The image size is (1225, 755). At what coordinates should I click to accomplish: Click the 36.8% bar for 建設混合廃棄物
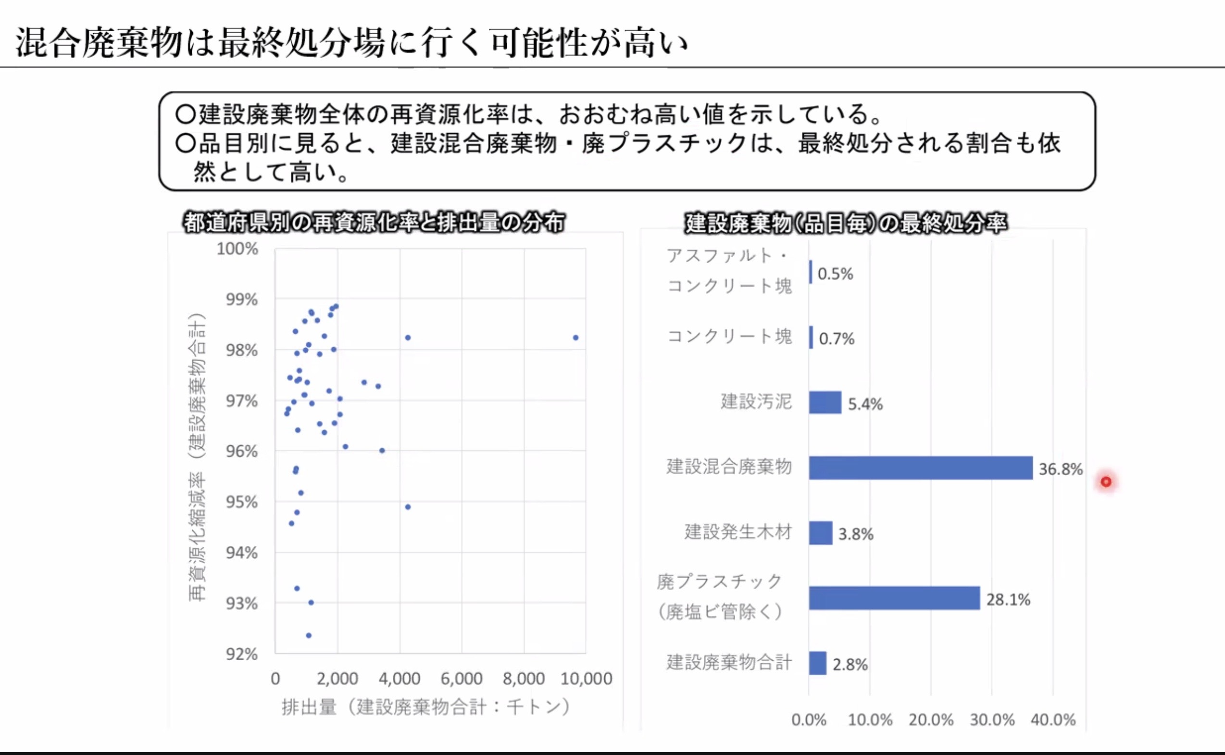pos(921,468)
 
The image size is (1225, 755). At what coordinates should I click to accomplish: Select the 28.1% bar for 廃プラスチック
pos(894,598)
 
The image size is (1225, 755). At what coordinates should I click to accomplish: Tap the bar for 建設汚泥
pos(825,403)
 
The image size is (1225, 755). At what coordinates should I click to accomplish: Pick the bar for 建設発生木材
pos(820,533)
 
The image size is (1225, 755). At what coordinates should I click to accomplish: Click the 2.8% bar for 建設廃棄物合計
pos(817,663)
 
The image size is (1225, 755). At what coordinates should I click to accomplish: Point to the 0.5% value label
pos(835,274)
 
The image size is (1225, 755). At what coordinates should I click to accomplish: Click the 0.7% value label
pos(837,339)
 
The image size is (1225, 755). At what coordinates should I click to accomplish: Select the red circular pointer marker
pos(1106,482)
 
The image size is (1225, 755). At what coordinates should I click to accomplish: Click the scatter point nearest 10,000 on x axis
pos(575,338)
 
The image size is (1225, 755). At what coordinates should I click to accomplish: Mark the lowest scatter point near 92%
pos(309,636)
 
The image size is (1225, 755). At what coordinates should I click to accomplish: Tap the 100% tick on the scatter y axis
pos(237,249)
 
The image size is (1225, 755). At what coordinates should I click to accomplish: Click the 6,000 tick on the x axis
pos(461,679)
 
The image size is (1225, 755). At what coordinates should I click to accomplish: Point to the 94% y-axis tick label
pos(242,553)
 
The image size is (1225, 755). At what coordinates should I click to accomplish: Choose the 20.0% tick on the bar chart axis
pos(930,719)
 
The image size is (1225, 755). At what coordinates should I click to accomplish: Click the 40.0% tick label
pos(1053,719)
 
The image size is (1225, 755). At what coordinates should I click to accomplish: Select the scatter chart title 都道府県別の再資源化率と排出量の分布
pos(375,223)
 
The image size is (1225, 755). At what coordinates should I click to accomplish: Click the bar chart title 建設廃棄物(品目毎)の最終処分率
pos(846,223)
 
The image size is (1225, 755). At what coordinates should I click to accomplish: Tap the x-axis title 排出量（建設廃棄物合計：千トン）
pos(426,706)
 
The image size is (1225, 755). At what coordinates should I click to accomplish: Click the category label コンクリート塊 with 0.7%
pos(729,336)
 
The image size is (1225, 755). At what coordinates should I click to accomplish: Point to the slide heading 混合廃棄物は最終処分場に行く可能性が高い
pos(352,42)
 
